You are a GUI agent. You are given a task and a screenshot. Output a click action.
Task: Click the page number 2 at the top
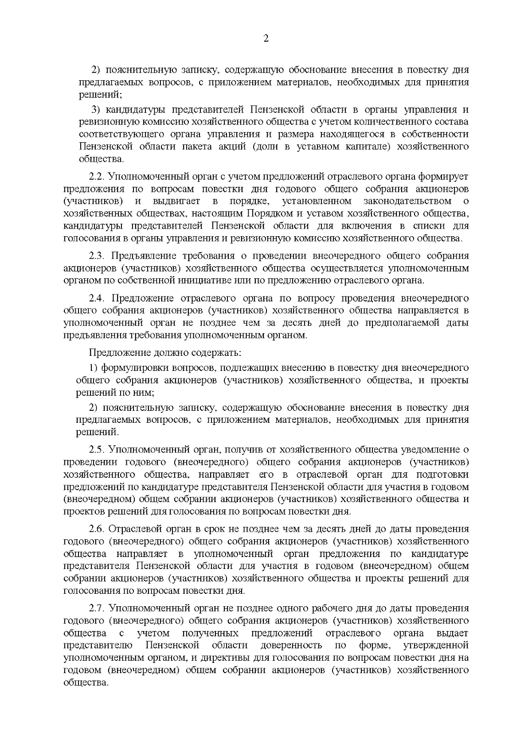(x=266, y=39)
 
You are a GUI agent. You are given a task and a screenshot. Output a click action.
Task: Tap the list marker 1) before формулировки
(x=93, y=367)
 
